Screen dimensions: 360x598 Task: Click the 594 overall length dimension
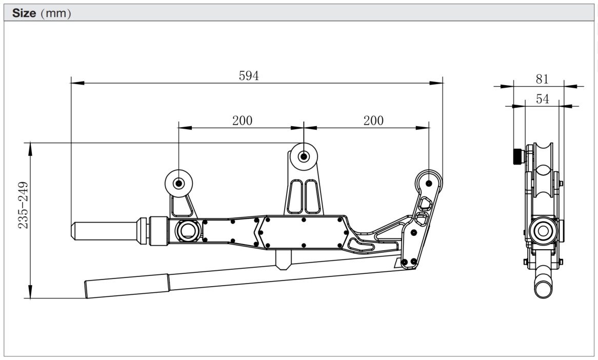coord(249,76)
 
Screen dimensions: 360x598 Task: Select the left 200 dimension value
coord(242,121)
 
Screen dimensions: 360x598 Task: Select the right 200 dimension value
coord(373,121)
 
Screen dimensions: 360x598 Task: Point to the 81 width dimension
coord(542,79)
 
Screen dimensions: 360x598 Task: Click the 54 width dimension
coord(543,99)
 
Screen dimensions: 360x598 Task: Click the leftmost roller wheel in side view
coord(178,183)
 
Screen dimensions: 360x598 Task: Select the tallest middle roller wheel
coord(304,156)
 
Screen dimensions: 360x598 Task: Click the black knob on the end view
coord(516,156)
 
